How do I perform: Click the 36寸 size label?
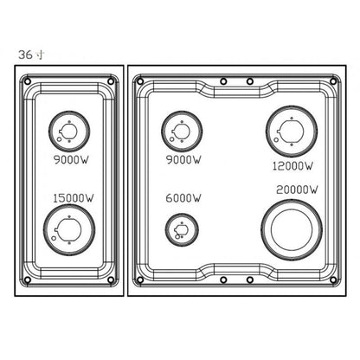click(29, 55)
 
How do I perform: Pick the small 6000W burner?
click(179, 229)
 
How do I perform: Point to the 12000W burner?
click(289, 132)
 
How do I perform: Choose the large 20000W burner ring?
click(290, 227)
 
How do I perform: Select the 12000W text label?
click(292, 164)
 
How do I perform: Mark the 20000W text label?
click(292, 190)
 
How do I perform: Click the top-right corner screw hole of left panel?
click(108, 83)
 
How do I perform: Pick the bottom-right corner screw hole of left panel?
click(108, 280)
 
